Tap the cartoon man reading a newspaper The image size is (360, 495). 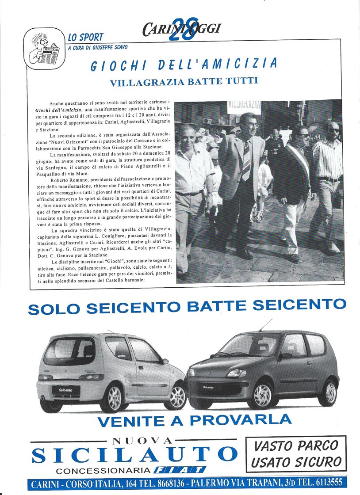(x=44, y=49)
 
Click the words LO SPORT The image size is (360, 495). (x=86, y=37)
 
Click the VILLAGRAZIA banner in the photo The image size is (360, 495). (x=244, y=106)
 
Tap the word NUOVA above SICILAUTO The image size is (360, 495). (x=142, y=441)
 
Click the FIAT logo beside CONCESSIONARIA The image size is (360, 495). (x=180, y=470)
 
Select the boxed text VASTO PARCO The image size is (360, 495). (x=296, y=445)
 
